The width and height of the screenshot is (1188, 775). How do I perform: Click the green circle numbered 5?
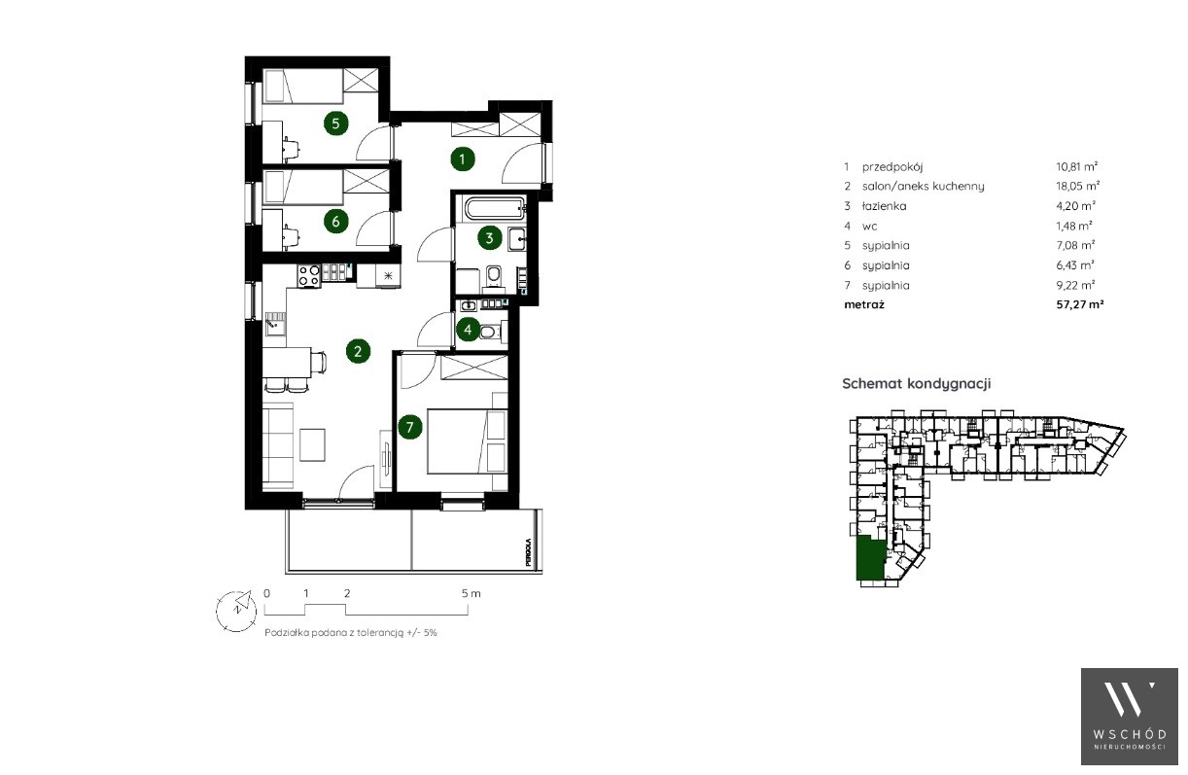pos(335,123)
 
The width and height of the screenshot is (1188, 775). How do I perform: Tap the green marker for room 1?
pos(462,159)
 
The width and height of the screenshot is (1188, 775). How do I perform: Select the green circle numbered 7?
pos(409,427)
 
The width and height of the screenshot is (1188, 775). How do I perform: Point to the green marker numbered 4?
pos(468,330)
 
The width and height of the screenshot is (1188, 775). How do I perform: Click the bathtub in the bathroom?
pos(495,208)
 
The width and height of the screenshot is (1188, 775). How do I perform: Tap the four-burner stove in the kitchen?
pos(309,276)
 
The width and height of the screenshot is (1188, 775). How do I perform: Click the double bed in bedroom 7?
pos(468,440)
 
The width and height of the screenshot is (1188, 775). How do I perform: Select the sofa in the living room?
pos(278,445)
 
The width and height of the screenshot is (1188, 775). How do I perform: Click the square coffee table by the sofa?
pos(312,445)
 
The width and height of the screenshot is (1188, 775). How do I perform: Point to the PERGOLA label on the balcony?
pos(528,552)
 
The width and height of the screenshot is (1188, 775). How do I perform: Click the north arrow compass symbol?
pos(236,611)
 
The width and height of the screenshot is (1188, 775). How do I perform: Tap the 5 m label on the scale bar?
pos(471,593)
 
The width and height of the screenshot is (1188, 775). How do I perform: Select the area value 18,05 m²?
pos(1077,186)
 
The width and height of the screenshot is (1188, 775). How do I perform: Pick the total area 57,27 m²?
pos(1080,304)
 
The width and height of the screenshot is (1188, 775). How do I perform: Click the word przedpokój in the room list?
pos(892,167)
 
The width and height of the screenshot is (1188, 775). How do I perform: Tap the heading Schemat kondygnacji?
pos(917,383)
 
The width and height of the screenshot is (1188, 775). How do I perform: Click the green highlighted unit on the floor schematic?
pos(870,558)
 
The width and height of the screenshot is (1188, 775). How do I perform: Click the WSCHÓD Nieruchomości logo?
pos(1129,716)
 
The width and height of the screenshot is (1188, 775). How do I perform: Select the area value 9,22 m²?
pos(1075,285)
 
